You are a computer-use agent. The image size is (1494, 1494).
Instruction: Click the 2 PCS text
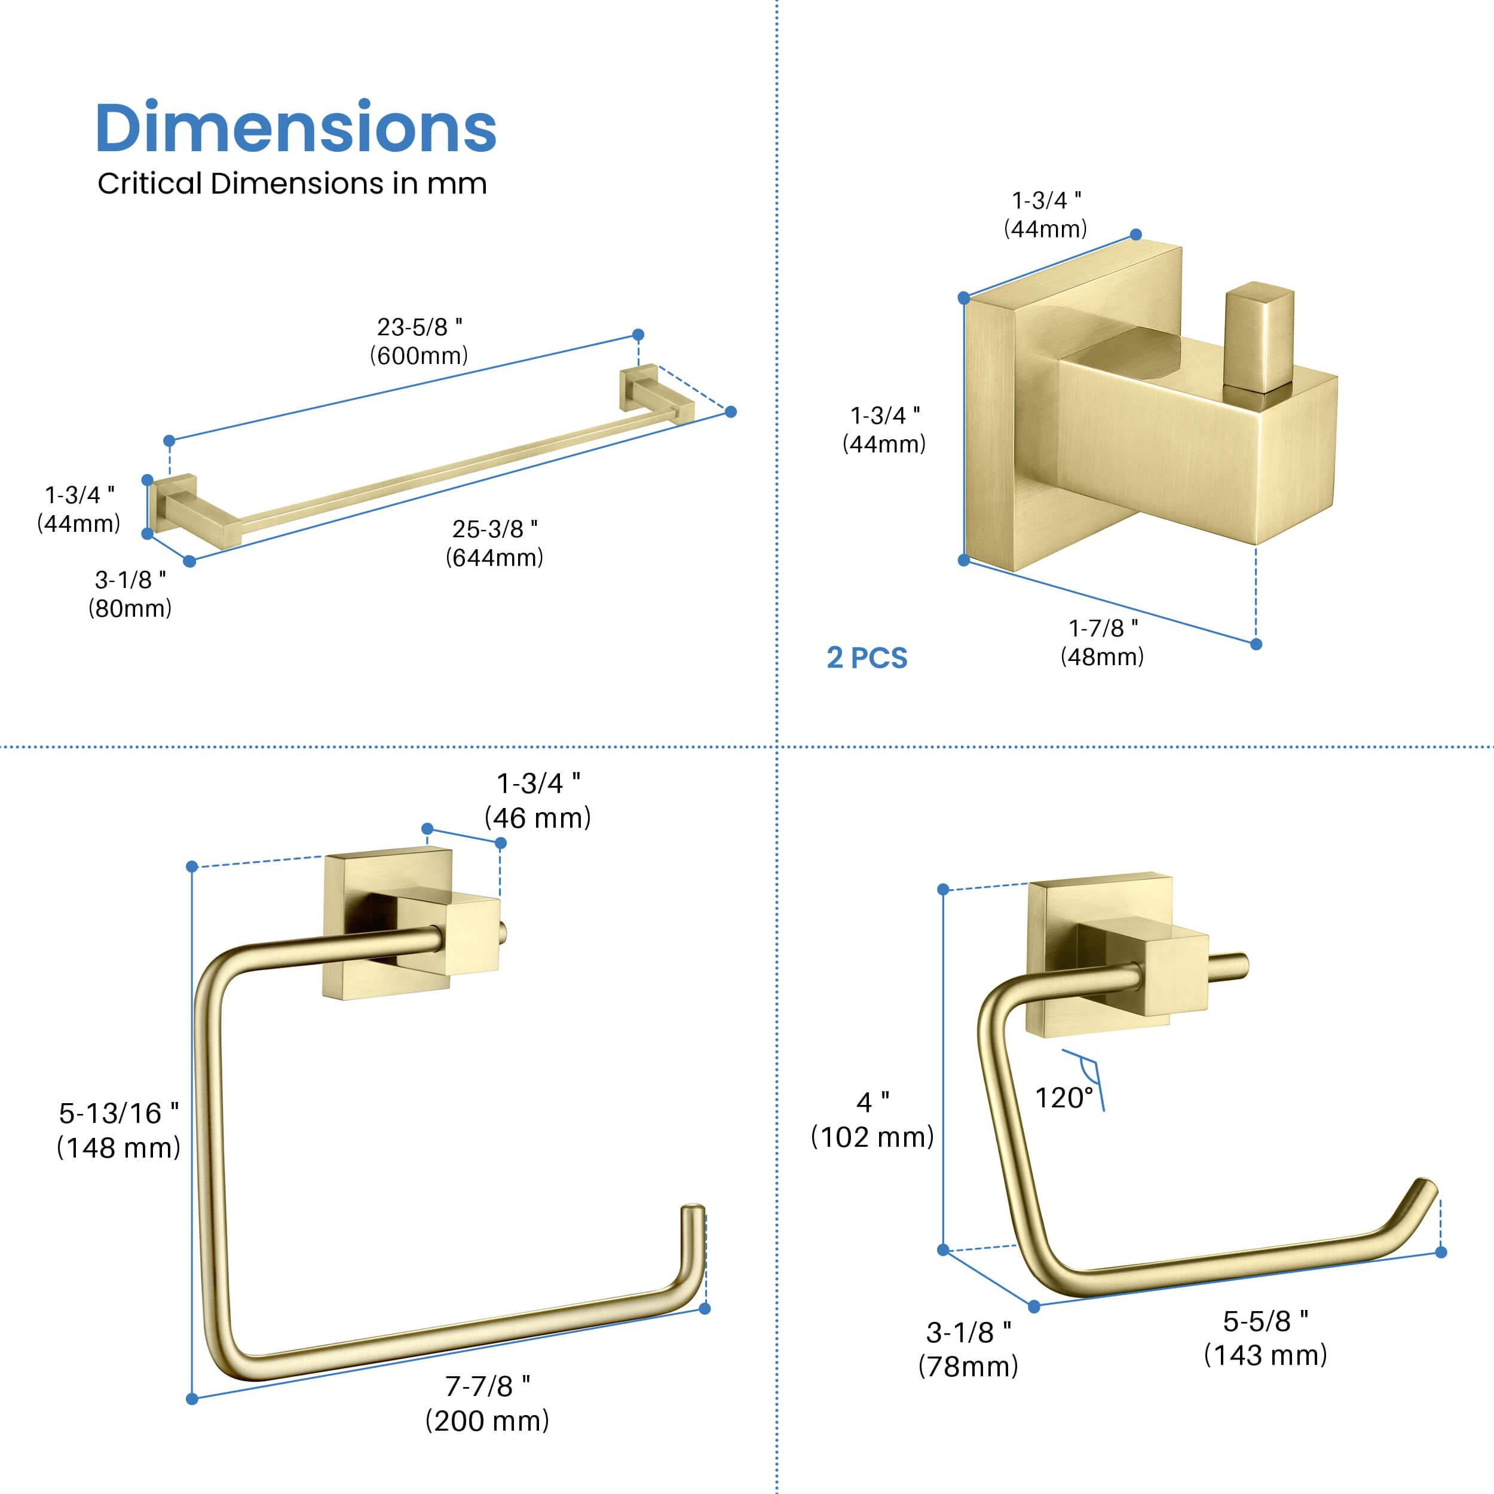867,658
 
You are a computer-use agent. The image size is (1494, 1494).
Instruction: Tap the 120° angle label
1064,1098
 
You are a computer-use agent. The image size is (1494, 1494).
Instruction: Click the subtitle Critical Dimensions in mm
292,183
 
